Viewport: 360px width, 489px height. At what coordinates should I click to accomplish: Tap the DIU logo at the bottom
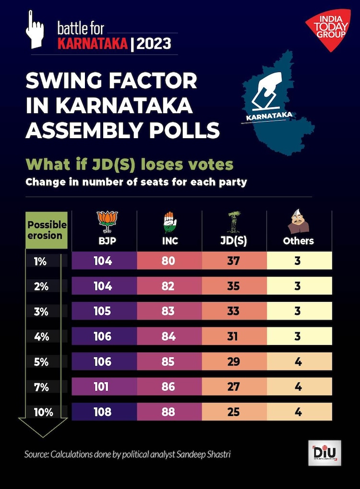pyautogui.click(x=325, y=453)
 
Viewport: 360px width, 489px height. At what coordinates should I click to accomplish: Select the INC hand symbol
pyautogui.click(x=169, y=222)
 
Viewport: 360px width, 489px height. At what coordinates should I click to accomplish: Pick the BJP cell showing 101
pyautogui.click(x=103, y=386)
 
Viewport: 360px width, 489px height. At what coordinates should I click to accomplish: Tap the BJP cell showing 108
pyautogui.click(x=103, y=411)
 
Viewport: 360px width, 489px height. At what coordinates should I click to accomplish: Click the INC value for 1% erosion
pyautogui.click(x=168, y=261)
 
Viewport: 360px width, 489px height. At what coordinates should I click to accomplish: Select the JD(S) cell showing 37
pyautogui.click(x=233, y=261)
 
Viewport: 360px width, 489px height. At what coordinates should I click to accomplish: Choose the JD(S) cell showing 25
pyautogui.click(x=233, y=411)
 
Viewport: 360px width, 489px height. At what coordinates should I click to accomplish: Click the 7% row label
pyautogui.click(x=41, y=386)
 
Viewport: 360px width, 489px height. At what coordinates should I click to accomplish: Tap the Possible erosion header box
pyautogui.click(x=47, y=230)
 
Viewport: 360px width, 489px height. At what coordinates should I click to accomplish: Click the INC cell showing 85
pyautogui.click(x=168, y=361)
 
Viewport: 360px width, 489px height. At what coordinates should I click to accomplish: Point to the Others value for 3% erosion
pyautogui.click(x=298, y=311)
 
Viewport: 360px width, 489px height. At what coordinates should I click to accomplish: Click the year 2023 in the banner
pyautogui.click(x=154, y=44)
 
